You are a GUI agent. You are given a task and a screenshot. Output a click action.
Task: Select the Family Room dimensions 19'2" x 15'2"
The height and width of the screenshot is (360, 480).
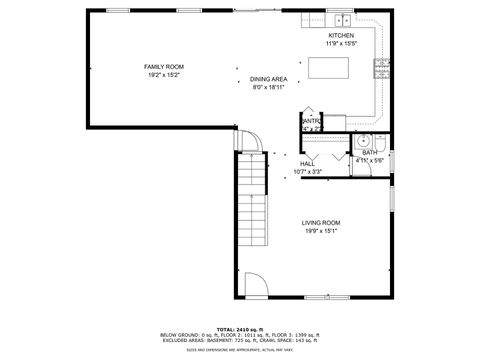point(164,75)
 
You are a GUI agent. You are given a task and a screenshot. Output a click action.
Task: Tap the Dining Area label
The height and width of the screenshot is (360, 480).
point(268,79)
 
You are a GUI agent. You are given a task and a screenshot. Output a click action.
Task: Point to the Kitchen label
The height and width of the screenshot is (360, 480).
point(341,36)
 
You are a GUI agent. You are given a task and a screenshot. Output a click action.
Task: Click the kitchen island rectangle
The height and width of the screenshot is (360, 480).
point(331,68)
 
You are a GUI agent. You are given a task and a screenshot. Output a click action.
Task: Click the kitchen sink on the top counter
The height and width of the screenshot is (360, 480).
point(342,19)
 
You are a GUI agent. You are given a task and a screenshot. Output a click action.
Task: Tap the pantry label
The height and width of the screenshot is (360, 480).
point(311,122)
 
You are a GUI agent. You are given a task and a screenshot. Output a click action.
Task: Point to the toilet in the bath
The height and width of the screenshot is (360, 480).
point(382,142)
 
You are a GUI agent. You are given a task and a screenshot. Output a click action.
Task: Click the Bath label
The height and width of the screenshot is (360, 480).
point(369,152)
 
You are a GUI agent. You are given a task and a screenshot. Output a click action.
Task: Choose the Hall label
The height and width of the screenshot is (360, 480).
point(307,163)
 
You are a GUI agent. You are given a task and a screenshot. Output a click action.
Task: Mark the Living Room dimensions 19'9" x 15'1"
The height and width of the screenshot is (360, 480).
point(321,231)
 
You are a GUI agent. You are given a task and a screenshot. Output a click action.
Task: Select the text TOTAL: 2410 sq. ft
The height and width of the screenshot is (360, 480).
point(239,329)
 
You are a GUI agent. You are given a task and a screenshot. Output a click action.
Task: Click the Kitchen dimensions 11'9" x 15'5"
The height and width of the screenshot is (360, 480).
point(341,44)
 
